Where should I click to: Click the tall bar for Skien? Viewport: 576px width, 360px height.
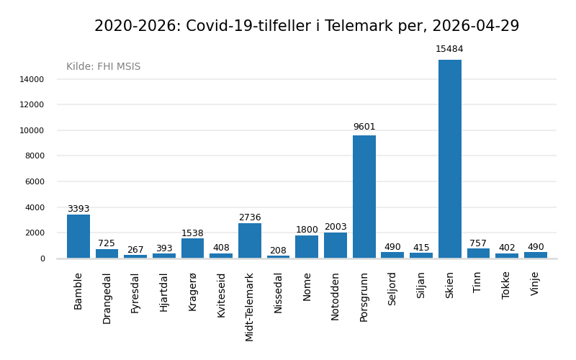tap(450, 158)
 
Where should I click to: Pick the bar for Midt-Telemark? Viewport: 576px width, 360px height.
tap(250, 240)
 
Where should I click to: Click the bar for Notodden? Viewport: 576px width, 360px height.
tap(336, 246)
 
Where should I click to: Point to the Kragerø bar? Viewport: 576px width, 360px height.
tap(192, 248)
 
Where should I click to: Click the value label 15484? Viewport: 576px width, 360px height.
tap(449, 49)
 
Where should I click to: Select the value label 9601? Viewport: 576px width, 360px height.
tap(364, 127)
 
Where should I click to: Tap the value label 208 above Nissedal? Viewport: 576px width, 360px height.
tap(278, 251)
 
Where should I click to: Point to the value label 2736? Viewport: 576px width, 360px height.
tap(250, 217)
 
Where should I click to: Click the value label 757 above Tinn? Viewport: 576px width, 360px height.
tap(478, 243)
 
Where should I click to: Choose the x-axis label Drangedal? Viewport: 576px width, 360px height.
tap(107, 298)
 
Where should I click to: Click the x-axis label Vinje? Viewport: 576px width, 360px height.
tap(535, 284)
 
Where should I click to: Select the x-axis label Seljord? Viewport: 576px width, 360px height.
tap(392, 289)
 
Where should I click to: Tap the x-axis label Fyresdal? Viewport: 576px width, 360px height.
tap(135, 292)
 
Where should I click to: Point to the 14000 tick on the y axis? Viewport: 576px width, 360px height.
tap(32, 79)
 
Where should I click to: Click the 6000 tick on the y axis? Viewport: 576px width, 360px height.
tap(35, 181)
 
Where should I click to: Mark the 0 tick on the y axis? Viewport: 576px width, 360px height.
tap(42, 258)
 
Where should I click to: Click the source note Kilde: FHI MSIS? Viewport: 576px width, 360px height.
tap(104, 67)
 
